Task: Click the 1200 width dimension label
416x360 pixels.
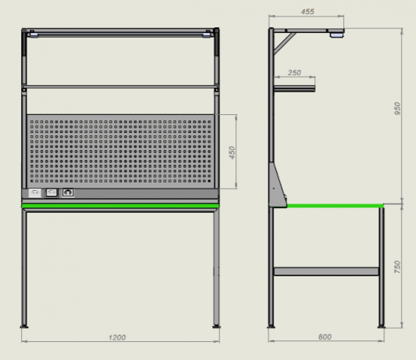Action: (117, 337)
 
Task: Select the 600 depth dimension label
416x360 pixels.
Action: (325, 337)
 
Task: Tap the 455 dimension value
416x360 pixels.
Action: (307, 12)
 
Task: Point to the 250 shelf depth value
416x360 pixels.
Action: (295, 73)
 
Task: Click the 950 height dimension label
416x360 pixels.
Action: (397, 108)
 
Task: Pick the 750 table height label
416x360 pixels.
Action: (397, 267)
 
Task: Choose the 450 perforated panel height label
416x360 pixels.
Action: (232, 153)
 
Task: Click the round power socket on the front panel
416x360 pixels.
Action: (68, 193)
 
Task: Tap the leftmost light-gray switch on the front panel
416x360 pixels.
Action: (35, 193)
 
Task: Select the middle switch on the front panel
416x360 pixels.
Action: (52, 193)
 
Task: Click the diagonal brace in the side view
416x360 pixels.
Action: (285, 43)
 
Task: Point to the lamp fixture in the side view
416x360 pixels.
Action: (337, 34)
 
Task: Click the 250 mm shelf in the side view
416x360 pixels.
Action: (295, 88)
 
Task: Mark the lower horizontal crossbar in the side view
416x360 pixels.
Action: (326, 272)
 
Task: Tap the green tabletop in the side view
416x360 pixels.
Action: (335, 206)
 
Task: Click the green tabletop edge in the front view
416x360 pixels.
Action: (120, 206)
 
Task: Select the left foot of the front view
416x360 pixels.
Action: (24, 326)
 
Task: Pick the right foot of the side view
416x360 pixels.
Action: (382, 326)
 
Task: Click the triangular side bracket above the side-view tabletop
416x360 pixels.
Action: (278, 185)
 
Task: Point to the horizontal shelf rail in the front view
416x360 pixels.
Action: (120, 87)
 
